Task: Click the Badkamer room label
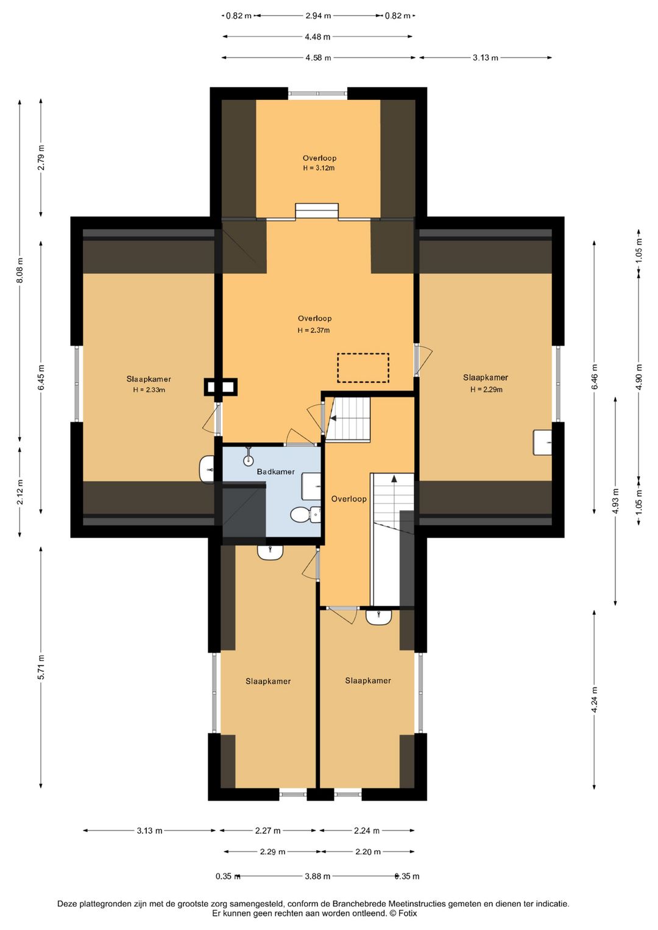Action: click(x=275, y=472)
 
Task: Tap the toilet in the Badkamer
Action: click(x=305, y=515)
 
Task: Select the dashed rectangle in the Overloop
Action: click(x=363, y=367)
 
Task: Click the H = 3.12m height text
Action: click(x=319, y=168)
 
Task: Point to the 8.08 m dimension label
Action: click(x=20, y=270)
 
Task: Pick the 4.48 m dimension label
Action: click(x=317, y=37)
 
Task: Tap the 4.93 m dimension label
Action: click(x=615, y=502)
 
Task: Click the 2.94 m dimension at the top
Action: click(x=318, y=16)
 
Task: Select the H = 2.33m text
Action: click(x=149, y=390)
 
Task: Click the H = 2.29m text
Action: click(x=486, y=389)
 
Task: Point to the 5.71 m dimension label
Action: click(x=41, y=667)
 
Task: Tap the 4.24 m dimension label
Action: click(x=595, y=700)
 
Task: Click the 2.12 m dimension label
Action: click(x=20, y=492)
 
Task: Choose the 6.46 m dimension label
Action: click(x=595, y=376)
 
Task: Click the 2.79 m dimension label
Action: click(x=41, y=157)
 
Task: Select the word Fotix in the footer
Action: click(x=408, y=914)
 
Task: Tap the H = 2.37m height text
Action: click(x=314, y=330)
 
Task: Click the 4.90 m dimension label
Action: click(x=639, y=377)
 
